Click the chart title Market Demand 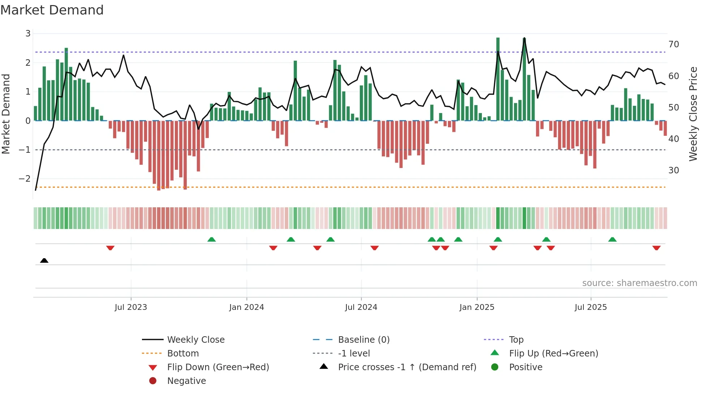(x=52, y=10)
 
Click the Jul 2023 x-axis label (x=131, y=307)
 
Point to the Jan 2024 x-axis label (x=246, y=307)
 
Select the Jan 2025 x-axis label (x=476, y=307)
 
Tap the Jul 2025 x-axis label (x=591, y=307)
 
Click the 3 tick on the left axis (x=28, y=34)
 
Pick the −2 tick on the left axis (x=25, y=179)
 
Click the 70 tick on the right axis (x=674, y=44)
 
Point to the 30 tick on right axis (x=674, y=170)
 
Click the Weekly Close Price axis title (x=693, y=114)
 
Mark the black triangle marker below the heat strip (x=44, y=260)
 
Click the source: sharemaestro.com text (x=639, y=283)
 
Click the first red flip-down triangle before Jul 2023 (x=110, y=248)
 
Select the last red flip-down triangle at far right (x=656, y=248)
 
